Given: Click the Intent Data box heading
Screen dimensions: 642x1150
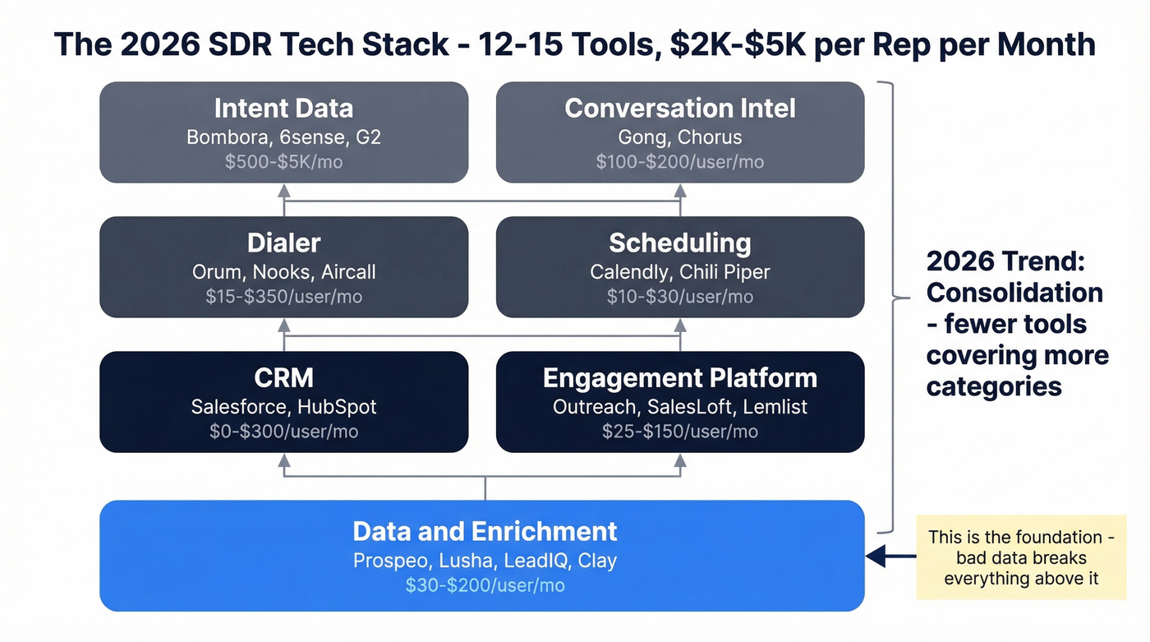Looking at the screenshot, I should point(283,109).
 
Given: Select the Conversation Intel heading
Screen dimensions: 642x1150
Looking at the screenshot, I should point(680,109).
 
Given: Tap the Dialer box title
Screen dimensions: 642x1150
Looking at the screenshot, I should point(283,243).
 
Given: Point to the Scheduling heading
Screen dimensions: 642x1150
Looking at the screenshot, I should point(680,243).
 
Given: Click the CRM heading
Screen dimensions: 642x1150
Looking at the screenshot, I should point(283,378).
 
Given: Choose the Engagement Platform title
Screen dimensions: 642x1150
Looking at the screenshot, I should point(680,378).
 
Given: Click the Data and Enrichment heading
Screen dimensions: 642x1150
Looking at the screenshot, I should point(485,531).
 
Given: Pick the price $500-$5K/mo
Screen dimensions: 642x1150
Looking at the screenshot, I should point(283,162).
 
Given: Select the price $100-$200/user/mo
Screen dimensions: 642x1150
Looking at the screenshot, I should point(680,162).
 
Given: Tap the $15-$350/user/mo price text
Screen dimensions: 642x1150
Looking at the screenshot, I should point(283,297).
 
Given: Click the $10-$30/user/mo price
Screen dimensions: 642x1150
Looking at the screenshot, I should point(680,297).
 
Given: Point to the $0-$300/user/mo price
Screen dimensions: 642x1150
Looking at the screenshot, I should point(283,432).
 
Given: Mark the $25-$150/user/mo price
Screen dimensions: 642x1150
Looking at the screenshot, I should point(680,432).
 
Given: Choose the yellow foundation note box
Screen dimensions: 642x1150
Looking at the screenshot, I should point(1021,557).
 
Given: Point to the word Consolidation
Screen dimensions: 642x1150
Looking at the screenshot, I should point(1014,293).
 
